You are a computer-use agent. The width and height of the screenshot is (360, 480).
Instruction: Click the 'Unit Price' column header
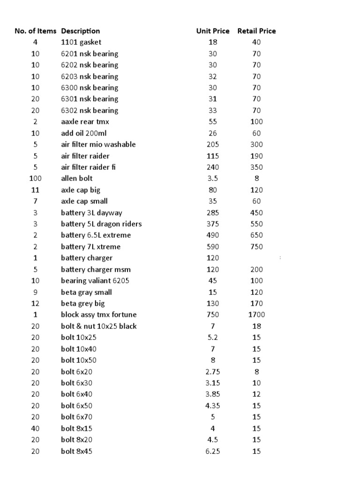(213, 31)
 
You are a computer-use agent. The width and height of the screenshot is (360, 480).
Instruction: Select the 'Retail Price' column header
(256, 31)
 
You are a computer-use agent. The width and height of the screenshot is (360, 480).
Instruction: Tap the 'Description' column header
(80, 31)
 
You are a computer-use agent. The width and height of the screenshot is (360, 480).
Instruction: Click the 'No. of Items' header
(35, 31)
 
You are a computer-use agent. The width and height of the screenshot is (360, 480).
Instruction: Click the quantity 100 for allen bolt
(36, 178)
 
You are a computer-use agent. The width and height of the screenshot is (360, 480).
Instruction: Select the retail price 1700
(256, 315)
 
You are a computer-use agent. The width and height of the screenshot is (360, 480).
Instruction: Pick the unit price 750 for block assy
(213, 315)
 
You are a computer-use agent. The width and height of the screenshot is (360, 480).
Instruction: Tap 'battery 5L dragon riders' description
(101, 224)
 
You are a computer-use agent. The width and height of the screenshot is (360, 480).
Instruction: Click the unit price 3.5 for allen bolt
(213, 178)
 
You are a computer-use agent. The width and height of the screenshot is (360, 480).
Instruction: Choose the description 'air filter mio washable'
(98, 144)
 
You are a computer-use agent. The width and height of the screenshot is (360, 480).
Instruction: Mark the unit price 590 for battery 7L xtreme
(213, 247)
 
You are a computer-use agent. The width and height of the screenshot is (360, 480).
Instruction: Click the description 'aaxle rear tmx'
(85, 121)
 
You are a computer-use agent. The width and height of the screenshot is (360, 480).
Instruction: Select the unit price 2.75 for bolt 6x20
(213, 372)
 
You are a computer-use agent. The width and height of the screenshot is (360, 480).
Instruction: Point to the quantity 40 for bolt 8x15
(36, 428)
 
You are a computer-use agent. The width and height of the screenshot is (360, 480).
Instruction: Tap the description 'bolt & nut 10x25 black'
(99, 326)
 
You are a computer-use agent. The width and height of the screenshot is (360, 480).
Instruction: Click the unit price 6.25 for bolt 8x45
(213, 451)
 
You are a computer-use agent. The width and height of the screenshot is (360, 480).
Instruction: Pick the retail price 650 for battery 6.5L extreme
(256, 235)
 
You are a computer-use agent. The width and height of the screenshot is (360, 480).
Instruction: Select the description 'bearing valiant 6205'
(95, 281)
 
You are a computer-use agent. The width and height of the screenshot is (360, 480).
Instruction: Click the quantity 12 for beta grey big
(36, 303)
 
